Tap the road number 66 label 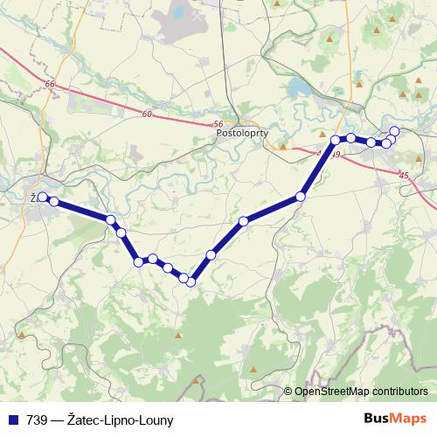pyautogui.click(x=50, y=85)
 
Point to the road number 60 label pyautogui.click(x=145, y=114)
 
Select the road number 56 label pyautogui.click(x=218, y=125)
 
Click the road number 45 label pyautogui.click(x=403, y=177)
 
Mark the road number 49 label pyautogui.click(x=336, y=155)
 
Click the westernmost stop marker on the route pyautogui.click(x=42, y=198)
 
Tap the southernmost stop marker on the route pyautogui.click(x=191, y=281)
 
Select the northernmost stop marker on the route pyautogui.click(x=394, y=131)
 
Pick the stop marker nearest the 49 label pyautogui.click(x=336, y=140)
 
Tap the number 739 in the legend pyautogui.click(x=34, y=420)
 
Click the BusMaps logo pyautogui.click(x=395, y=419)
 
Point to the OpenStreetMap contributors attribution pyautogui.click(x=360, y=392)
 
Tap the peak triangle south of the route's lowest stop pyautogui.click(x=179, y=335)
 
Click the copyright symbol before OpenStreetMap pyautogui.click(x=288, y=392)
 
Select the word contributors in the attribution pyautogui.click(x=399, y=392)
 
